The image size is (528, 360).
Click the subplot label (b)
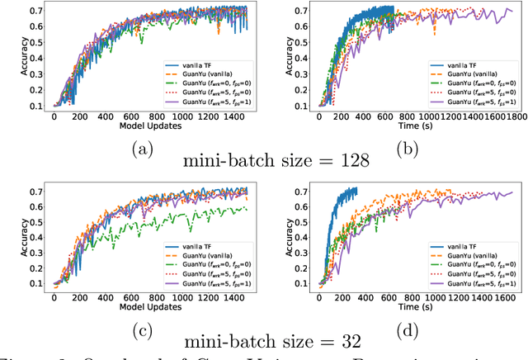coord(408,150)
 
